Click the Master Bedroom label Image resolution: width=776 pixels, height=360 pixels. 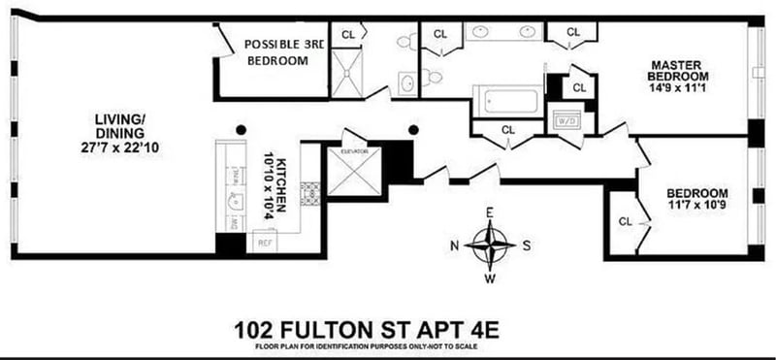click(x=680, y=71)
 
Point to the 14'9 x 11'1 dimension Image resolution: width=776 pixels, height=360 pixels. click(x=680, y=86)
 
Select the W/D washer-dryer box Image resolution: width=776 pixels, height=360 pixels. click(x=566, y=120)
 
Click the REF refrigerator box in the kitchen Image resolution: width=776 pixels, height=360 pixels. click(x=264, y=243)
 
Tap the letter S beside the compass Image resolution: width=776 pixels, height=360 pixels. click(x=527, y=245)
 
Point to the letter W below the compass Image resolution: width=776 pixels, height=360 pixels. click(x=490, y=279)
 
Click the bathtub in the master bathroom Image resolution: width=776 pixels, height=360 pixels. click(x=506, y=101)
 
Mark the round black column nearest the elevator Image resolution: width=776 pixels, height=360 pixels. click(x=414, y=128)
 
